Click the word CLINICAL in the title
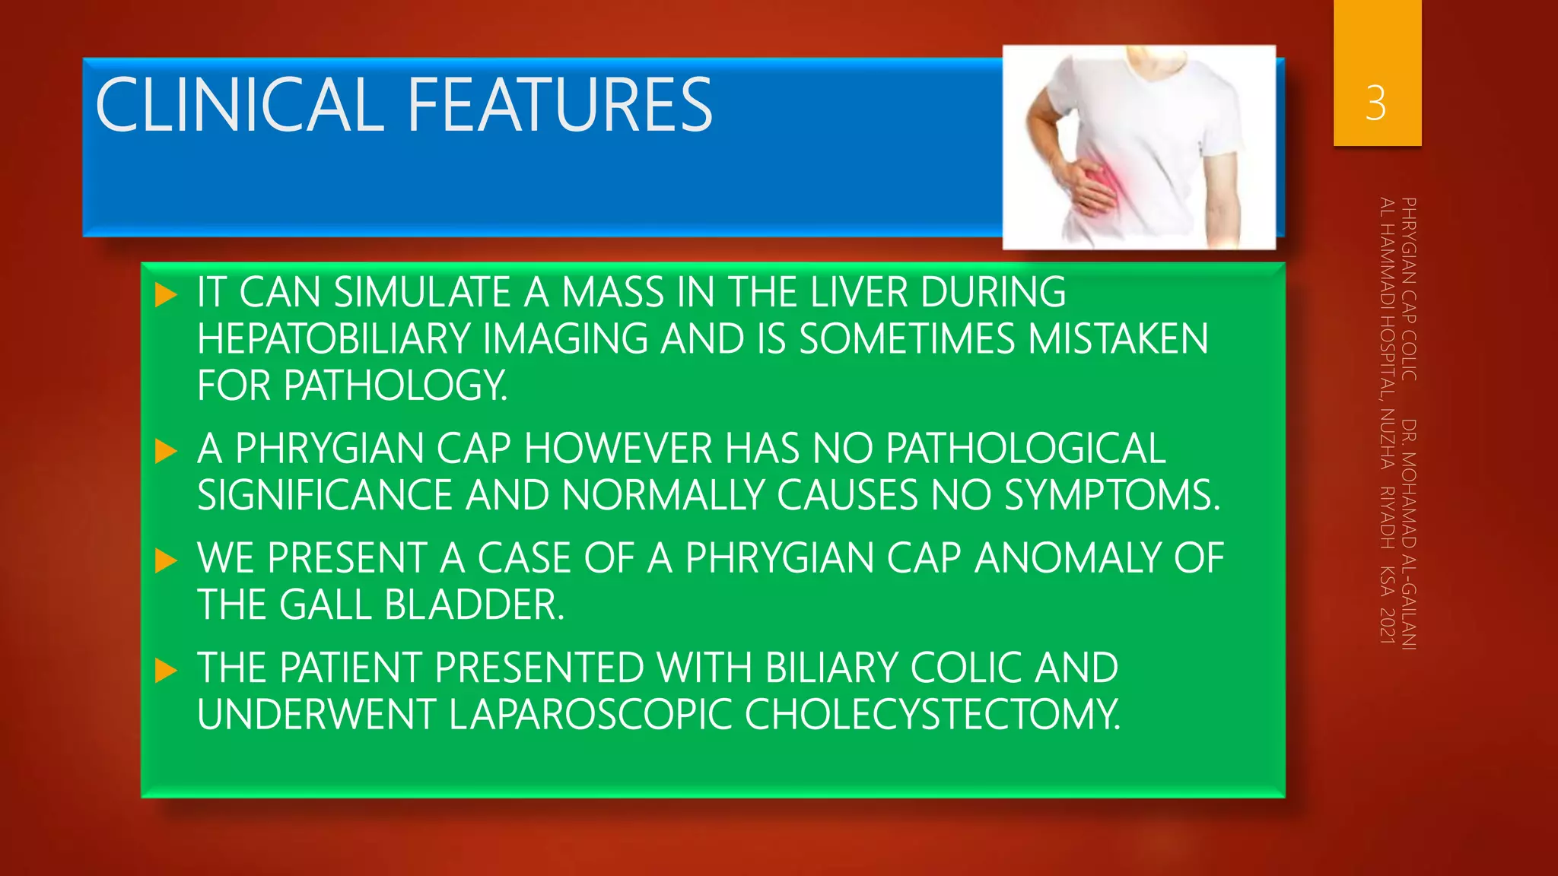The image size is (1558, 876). point(239,105)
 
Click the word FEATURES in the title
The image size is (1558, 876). point(560,105)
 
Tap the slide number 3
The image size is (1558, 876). point(1375,103)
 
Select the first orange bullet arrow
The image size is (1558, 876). point(165,295)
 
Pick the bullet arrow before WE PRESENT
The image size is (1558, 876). point(165,561)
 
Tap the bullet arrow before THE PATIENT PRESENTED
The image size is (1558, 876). point(165,671)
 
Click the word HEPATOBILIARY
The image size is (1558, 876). point(333,339)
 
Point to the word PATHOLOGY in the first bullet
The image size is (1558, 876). point(395,386)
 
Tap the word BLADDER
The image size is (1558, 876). point(475,605)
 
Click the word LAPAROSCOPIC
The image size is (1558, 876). point(590,715)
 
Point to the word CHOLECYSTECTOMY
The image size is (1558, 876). point(933,715)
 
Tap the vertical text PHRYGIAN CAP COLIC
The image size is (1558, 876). point(1409,289)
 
